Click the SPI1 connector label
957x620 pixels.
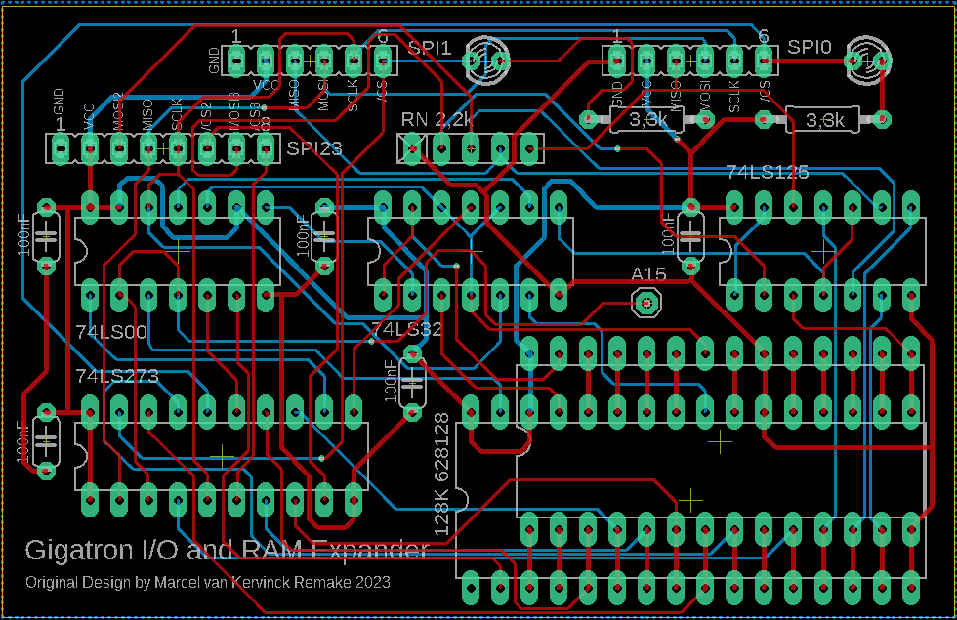430,47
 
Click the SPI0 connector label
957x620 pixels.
810,46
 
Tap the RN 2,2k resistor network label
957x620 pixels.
437,120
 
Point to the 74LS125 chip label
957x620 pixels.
768,173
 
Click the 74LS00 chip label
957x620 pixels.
110,332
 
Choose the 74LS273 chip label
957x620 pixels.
116,376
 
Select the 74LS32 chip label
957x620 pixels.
406,330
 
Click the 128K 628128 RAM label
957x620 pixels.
441,473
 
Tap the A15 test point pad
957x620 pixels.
645,304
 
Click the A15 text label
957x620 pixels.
648,275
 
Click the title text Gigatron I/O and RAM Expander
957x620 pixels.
227,550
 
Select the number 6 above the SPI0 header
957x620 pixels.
763,36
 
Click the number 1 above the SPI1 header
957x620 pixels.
235,36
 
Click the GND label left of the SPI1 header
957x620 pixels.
214,61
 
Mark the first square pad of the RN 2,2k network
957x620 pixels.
412,149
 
